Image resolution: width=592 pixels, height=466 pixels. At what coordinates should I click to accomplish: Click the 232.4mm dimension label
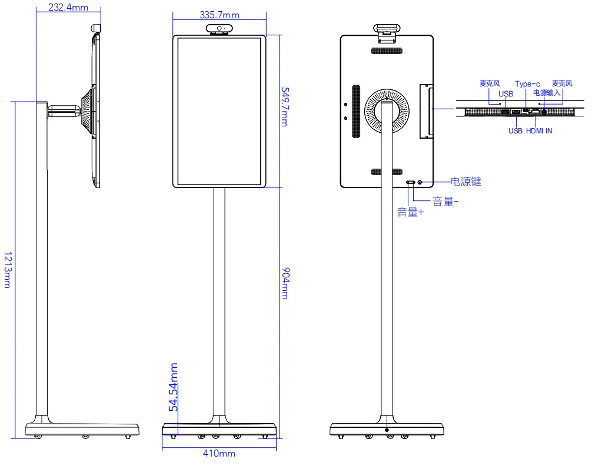click(68, 7)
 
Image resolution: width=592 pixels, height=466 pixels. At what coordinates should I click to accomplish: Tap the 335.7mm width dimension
click(219, 15)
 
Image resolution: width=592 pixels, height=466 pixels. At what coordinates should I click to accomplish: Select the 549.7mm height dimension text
click(285, 107)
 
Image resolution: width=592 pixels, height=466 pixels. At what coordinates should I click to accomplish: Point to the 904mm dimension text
click(286, 283)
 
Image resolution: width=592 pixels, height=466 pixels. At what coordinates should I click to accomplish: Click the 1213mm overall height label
click(8, 270)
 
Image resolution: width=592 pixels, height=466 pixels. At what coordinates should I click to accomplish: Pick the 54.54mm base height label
click(173, 387)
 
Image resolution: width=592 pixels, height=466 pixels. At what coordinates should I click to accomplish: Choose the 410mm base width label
click(219, 453)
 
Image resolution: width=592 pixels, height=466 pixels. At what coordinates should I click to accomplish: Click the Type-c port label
click(527, 84)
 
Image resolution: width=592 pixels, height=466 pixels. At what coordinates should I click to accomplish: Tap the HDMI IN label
click(539, 131)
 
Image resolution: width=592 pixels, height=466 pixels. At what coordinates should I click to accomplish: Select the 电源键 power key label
click(466, 182)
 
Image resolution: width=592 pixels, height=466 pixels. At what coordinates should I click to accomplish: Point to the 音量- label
click(445, 202)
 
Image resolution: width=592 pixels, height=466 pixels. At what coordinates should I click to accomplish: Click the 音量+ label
click(410, 212)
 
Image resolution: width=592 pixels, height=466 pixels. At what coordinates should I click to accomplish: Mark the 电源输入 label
click(547, 93)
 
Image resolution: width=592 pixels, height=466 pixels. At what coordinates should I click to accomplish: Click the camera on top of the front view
click(219, 28)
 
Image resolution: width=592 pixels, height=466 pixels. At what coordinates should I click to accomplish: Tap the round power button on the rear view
click(420, 183)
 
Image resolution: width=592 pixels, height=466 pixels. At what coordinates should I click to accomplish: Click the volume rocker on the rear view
click(410, 183)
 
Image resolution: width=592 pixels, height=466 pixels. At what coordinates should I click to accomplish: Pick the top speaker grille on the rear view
click(387, 51)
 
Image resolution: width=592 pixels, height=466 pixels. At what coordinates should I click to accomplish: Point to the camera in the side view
click(97, 28)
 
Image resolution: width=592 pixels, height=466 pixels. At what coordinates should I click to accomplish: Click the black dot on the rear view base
click(387, 430)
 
